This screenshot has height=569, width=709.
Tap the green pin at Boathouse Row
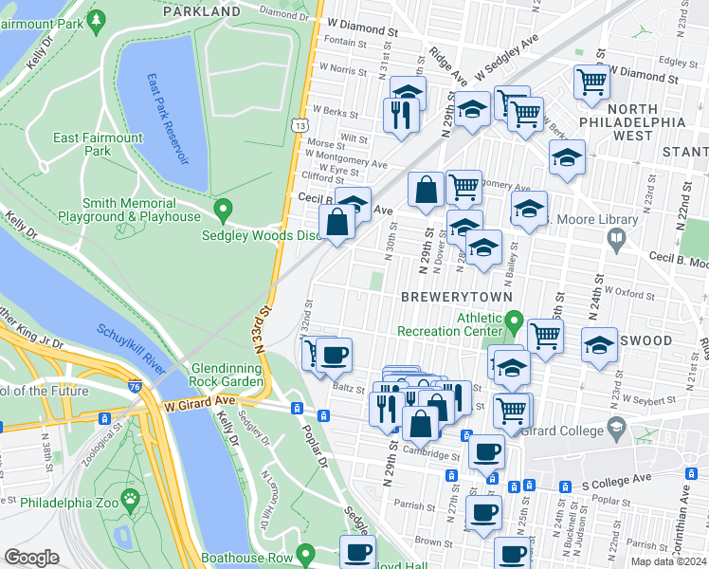click(305, 552)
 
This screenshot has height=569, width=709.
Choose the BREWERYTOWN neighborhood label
click(456, 297)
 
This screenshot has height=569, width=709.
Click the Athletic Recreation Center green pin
click(514, 323)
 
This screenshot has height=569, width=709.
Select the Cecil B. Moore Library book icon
click(617, 238)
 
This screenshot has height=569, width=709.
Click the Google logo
click(32, 558)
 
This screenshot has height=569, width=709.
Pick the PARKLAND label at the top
click(201, 11)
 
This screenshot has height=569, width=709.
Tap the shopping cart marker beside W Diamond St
click(591, 81)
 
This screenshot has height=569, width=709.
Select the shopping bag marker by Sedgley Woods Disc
click(336, 224)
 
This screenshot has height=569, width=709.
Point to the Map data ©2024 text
click(667, 561)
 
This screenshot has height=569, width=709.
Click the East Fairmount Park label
click(98, 144)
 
